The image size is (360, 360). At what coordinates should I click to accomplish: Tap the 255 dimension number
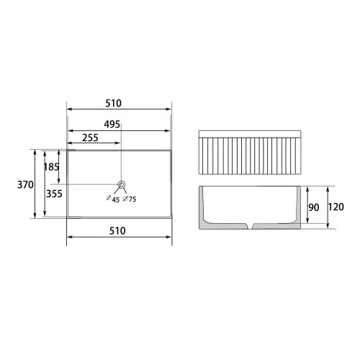click(90, 138)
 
